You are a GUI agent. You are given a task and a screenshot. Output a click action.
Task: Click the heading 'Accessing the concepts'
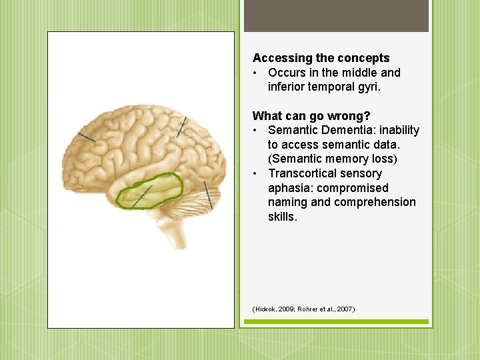(321, 58)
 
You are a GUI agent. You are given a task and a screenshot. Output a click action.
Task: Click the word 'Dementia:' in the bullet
(346, 130)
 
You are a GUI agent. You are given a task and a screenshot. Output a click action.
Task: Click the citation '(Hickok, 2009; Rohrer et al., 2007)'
(303, 309)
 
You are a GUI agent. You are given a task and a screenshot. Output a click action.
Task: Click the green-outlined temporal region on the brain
(149, 190)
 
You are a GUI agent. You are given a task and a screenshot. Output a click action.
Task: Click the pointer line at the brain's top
(181, 127)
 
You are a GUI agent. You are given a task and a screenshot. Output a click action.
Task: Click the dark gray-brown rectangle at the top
(336, 16)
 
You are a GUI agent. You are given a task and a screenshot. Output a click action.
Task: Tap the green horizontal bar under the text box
(336, 322)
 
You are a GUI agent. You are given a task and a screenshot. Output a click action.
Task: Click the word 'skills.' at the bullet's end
(283, 217)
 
